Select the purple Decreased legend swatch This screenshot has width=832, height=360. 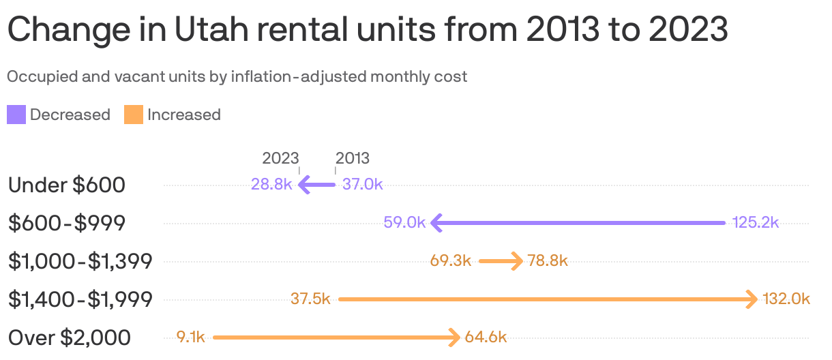16,115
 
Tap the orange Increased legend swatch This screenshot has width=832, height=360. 134,115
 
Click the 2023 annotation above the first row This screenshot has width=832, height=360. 280,158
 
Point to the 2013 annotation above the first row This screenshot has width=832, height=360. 353,158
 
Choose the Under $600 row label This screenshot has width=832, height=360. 66,185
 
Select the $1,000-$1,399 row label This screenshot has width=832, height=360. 80,261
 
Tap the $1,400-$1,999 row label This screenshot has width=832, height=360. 80,299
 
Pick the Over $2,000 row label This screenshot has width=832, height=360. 70,337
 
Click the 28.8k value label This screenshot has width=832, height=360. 271,184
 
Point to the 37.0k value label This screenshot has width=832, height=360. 363,184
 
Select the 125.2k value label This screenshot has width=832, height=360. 756,222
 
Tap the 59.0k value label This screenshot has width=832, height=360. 404,222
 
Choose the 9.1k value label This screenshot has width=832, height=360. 190,337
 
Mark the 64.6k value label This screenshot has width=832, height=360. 486,337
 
